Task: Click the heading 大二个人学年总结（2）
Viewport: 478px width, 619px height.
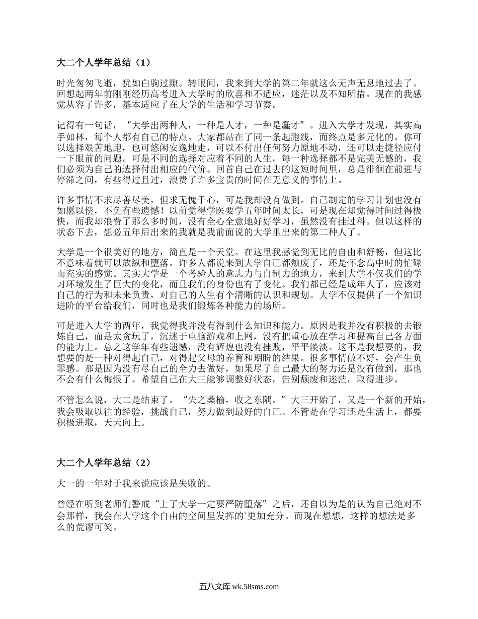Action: click(104, 462)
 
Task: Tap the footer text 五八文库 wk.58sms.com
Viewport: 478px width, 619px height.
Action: click(239, 586)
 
